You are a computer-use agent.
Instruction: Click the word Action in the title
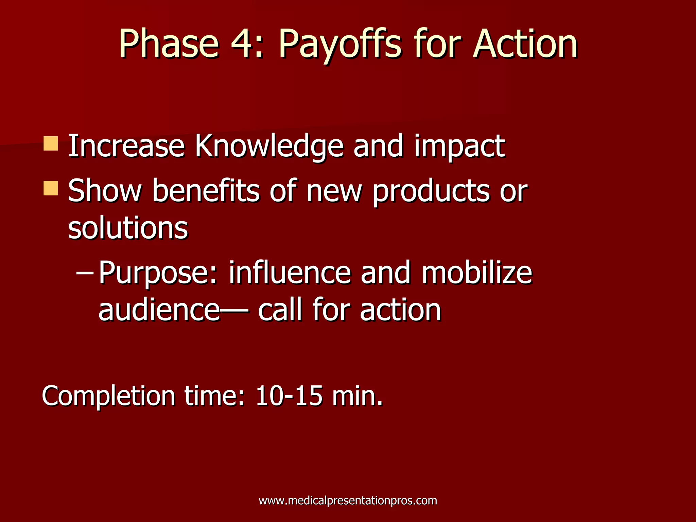pos(525,44)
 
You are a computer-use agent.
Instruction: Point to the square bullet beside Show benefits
pos(51,188)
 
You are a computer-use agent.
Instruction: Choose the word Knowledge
pos(269,147)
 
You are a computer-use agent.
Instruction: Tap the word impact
pos(459,147)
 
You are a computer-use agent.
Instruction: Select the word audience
pos(159,310)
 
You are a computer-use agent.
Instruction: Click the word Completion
pos(108,396)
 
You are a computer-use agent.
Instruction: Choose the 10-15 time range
pos(289,396)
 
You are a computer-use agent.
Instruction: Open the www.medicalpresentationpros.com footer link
pos(348,501)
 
